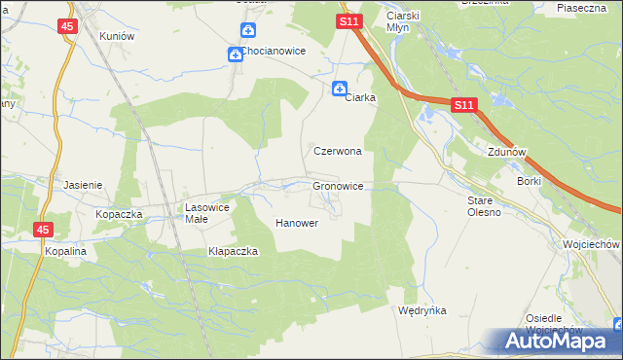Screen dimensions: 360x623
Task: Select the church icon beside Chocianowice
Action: (x=236, y=54)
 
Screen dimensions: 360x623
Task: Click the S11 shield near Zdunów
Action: (x=463, y=104)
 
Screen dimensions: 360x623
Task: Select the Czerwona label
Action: (x=338, y=152)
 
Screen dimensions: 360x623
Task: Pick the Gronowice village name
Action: (x=338, y=185)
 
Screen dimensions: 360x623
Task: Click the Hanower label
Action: (x=297, y=223)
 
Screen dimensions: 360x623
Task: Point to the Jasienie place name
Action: (x=83, y=184)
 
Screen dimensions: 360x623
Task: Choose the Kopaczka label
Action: (x=119, y=213)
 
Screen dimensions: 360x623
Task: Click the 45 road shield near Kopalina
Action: (x=43, y=230)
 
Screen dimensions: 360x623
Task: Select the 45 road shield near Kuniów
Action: (x=66, y=26)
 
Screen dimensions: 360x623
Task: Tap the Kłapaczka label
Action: (x=233, y=251)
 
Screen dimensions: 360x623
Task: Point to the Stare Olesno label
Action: (x=484, y=206)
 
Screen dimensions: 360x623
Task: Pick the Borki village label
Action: (x=530, y=181)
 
